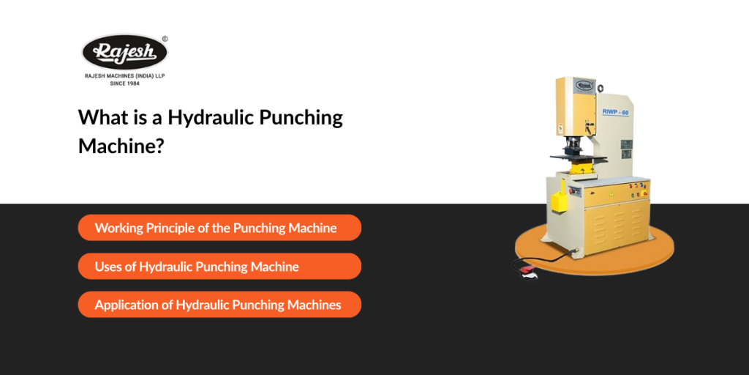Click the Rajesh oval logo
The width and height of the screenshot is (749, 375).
[x=124, y=53]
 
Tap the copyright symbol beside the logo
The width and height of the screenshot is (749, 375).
[x=165, y=39]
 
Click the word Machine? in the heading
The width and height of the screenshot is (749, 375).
[x=121, y=145]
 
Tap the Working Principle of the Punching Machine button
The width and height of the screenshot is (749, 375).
[x=219, y=228]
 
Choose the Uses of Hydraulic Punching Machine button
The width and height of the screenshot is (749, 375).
[x=219, y=267]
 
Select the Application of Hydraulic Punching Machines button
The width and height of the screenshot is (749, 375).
[x=219, y=305]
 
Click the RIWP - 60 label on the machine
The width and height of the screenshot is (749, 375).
[x=616, y=112]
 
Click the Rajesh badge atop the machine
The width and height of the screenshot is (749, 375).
[x=584, y=85]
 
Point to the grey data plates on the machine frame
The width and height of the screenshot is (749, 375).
[x=626, y=149]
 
